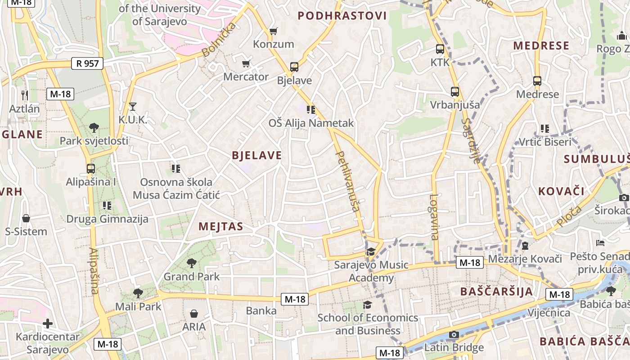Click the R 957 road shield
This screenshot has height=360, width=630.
click(x=88, y=63)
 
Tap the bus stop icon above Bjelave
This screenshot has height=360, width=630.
click(x=294, y=67)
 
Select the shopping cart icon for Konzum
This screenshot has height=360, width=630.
click(x=273, y=31)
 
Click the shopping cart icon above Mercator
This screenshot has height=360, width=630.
click(x=246, y=63)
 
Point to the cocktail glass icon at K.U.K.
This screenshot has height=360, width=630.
click(x=132, y=107)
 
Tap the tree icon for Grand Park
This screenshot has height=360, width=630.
click(x=191, y=263)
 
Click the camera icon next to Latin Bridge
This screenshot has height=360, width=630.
click(x=454, y=334)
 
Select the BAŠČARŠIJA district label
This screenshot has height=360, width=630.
click(x=496, y=291)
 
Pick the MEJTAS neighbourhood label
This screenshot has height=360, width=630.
click(x=220, y=226)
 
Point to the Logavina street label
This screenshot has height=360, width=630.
click(x=434, y=216)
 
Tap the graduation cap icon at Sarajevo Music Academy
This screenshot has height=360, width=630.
click(x=371, y=252)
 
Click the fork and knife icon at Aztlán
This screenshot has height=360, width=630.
click(x=25, y=95)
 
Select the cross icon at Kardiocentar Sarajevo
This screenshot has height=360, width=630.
click(x=48, y=324)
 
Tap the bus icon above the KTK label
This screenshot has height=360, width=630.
click(x=440, y=49)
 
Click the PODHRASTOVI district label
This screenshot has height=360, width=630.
click(x=342, y=16)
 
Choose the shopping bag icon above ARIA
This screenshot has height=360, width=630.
click(x=194, y=313)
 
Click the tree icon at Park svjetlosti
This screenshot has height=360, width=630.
click(x=94, y=127)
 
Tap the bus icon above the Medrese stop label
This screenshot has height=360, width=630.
click(x=537, y=81)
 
